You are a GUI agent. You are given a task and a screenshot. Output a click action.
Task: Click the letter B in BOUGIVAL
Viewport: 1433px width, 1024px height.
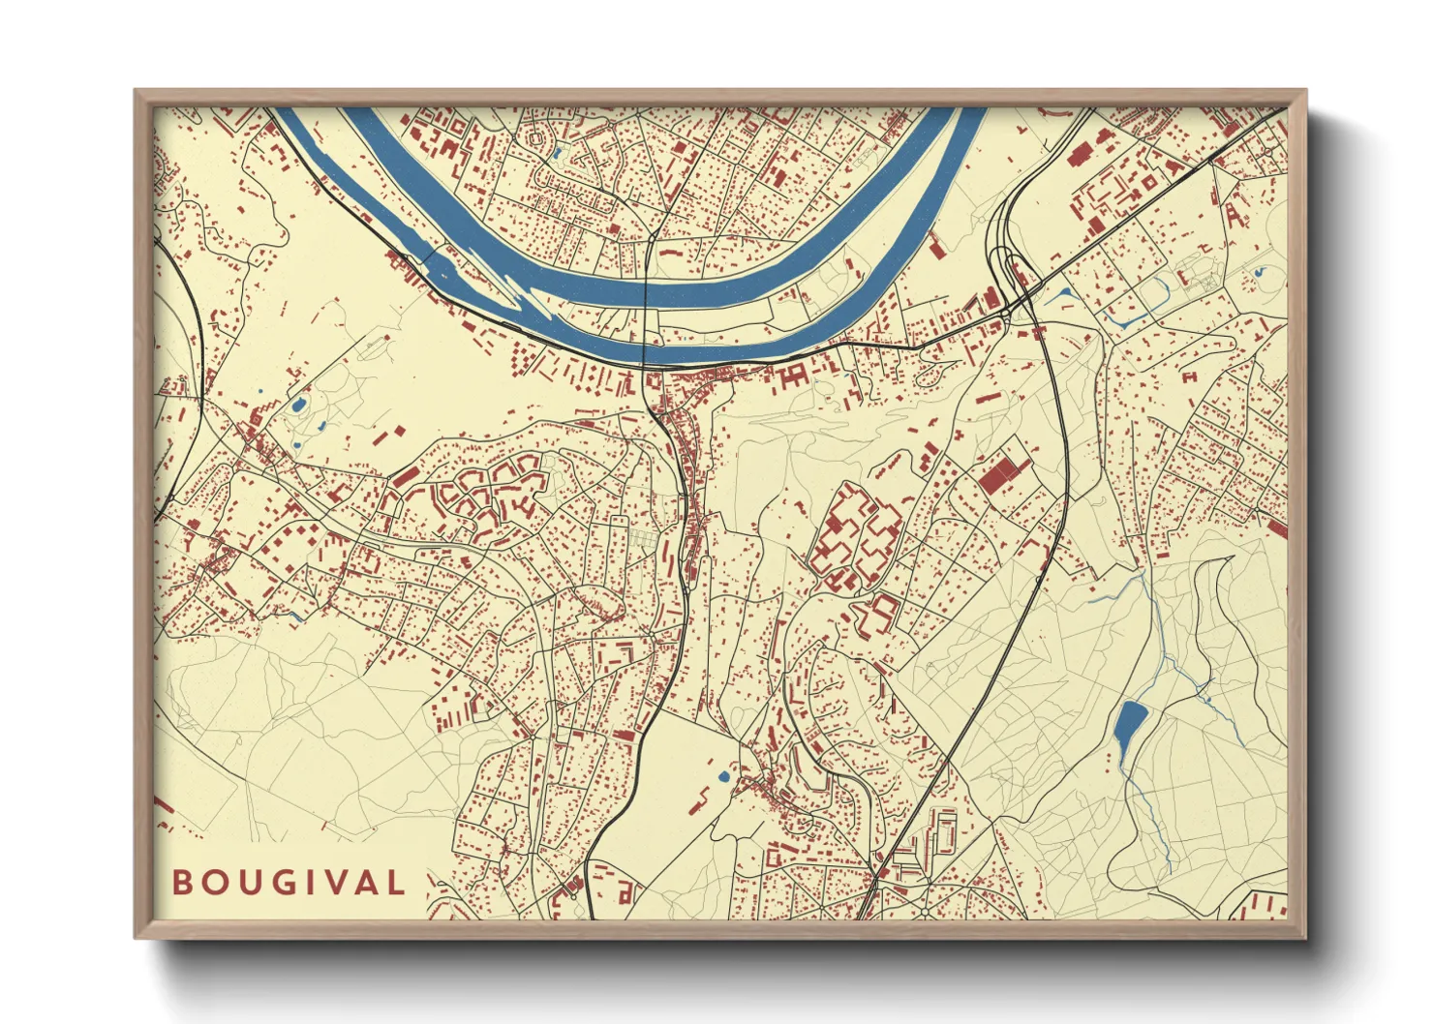181,883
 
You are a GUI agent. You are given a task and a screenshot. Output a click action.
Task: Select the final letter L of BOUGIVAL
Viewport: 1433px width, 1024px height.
395,883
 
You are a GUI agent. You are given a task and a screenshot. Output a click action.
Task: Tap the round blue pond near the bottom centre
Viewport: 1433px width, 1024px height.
723,775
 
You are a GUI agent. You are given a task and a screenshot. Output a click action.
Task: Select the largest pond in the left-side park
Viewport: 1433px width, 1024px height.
299,405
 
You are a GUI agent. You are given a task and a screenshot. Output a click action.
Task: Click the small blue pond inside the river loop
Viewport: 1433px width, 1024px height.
558,151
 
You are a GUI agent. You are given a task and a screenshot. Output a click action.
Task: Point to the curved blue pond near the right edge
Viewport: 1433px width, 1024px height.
1259,273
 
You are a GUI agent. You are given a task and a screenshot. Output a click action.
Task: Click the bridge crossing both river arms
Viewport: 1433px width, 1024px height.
647,310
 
